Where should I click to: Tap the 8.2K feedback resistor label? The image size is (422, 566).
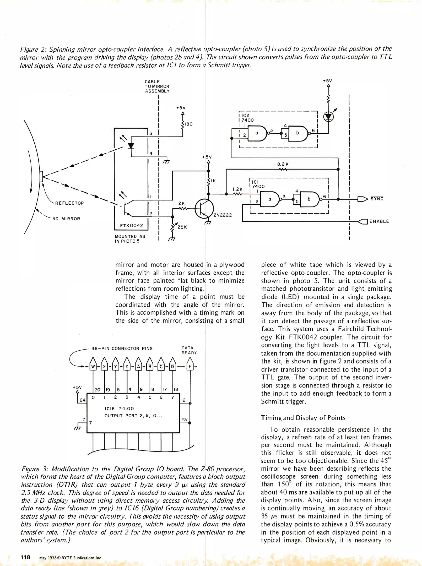[x=283, y=164]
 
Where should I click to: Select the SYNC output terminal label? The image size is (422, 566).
[x=377, y=199]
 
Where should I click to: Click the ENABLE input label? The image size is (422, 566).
[x=379, y=221]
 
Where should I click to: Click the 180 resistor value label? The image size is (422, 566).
[x=189, y=124]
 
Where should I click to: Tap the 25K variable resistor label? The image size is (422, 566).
[x=182, y=227]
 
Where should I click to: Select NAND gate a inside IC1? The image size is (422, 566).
[x=270, y=199]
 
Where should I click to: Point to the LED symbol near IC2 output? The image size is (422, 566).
[x=328, y=117]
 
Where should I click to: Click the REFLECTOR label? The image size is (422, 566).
[x=69, y=203]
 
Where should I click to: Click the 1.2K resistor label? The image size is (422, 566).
[x=237, y=189]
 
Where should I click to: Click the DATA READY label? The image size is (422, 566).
[x=189, y=350]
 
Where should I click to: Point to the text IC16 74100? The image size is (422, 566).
[x=119, y=409]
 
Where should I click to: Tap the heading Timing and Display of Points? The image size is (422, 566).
[x=303, y=418]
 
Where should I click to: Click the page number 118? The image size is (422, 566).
[x=25, y=557]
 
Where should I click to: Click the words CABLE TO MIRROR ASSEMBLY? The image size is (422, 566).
[x=157, y=86]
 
